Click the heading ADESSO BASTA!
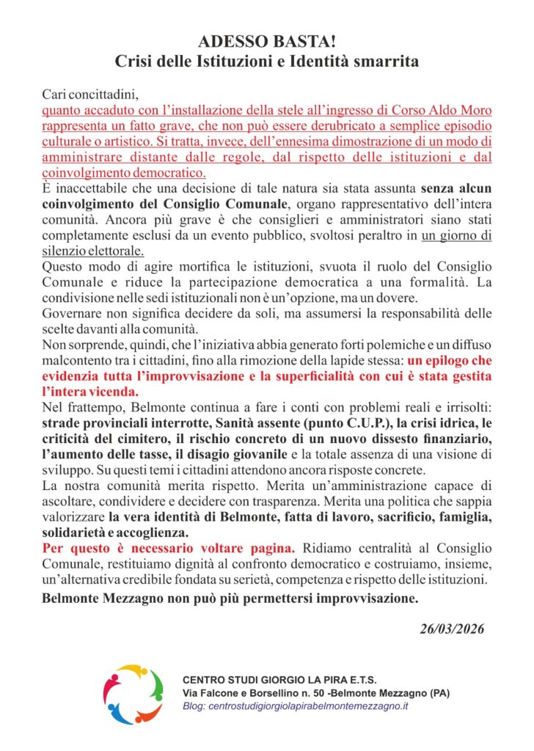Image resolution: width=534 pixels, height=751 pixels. [x=266, y=42]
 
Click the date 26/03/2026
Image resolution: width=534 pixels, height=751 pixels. [x=453, y=629]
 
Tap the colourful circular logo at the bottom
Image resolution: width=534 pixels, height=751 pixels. [x=132, y=692]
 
